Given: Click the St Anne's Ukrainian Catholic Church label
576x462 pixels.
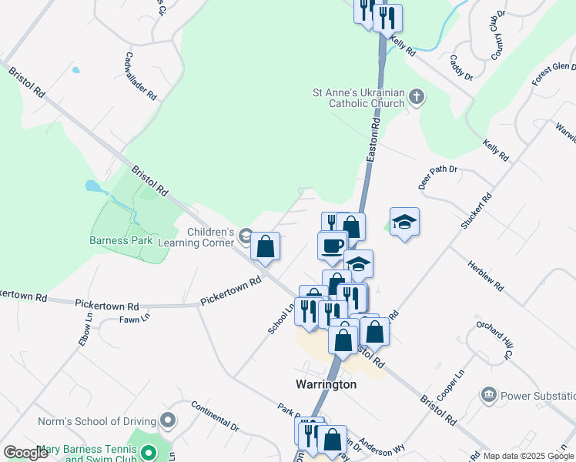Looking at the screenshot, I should [x=358, y=98].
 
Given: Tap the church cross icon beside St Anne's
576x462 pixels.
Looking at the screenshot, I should [x=417, y=97].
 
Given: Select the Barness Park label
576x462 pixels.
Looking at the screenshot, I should [x=121, y=240].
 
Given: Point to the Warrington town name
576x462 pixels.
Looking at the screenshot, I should [x=326, y=383].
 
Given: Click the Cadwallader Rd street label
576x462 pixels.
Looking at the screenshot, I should [x=141, y=77].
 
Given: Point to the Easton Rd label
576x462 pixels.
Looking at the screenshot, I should [x=373, y=139].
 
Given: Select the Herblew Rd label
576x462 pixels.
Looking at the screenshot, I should [x=485, y=274].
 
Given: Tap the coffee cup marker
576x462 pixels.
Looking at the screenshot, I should [x=332, y=246].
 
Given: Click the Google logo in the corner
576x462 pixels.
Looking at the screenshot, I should [x=25, y=453].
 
